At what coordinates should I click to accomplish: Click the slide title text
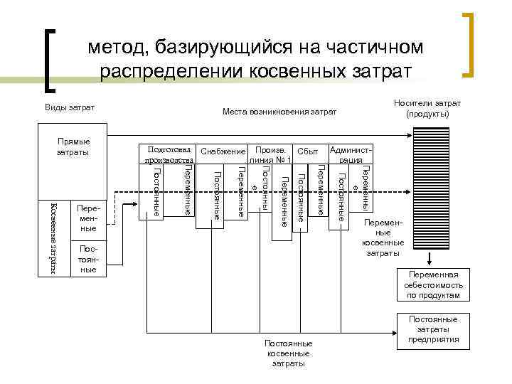[x=255, y=60]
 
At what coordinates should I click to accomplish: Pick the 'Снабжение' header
[x=223, y=151]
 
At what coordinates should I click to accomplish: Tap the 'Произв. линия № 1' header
[x=271, y=154]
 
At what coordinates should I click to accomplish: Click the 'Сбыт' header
[x=307, y=151]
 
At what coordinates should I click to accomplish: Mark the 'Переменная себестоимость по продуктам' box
[x=434, y=284]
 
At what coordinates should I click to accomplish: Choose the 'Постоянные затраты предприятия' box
[x=434, y=329]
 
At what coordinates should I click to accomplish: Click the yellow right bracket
[x=469, y=44]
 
